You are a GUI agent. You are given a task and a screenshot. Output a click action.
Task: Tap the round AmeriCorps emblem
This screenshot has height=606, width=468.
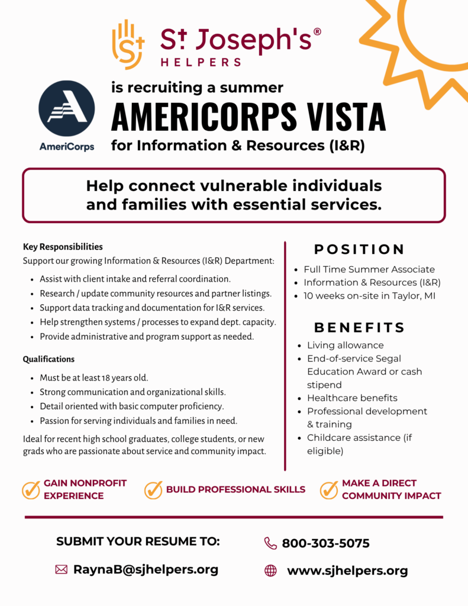pos(66,109)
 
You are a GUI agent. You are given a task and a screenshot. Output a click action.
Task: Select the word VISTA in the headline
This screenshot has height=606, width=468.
pos(342,116)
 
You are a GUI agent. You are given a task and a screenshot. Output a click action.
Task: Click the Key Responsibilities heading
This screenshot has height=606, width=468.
pos(63,247)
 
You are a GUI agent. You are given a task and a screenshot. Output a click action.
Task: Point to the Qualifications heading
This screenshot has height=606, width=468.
pos(49,359)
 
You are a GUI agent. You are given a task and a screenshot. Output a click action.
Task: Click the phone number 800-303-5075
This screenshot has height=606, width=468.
pos(325,543)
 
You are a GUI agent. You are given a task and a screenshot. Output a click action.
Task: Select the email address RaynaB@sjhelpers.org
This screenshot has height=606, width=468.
pos(146,569)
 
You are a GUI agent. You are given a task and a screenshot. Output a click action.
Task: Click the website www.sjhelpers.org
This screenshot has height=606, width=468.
pos(347,571)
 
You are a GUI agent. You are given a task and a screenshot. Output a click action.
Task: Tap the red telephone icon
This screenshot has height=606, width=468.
pos(270,543)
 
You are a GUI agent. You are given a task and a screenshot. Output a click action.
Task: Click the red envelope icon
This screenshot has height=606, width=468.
pos(61,569)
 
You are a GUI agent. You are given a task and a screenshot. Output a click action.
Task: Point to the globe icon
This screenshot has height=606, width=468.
pos(270,570)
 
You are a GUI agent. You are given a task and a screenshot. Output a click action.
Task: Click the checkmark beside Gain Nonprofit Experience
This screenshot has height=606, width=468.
pos(31,489)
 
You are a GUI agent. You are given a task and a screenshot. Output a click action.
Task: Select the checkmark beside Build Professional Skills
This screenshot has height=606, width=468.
pos(153,489)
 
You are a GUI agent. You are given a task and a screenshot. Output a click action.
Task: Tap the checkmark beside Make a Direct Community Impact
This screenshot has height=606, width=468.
pos(329,489)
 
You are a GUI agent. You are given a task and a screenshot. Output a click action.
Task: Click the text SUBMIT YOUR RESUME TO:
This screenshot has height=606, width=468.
pos(138,541)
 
